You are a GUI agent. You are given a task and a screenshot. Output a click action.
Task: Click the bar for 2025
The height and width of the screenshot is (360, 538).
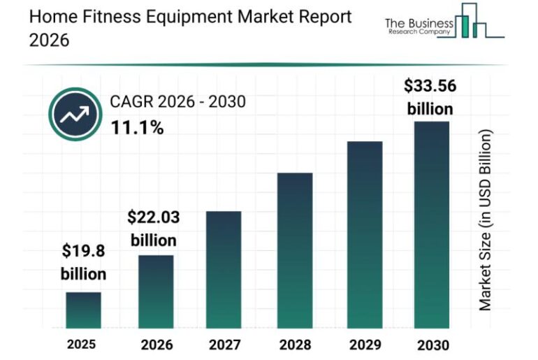point(83,310)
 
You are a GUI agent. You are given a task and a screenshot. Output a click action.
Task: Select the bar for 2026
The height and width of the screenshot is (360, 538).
point(156,291)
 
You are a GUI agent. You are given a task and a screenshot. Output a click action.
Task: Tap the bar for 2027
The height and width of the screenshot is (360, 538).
point(224,269)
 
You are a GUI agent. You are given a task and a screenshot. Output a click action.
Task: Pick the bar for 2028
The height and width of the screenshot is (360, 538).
point(294,250)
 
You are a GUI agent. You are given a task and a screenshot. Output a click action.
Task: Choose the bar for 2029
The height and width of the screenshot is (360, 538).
point(364,234)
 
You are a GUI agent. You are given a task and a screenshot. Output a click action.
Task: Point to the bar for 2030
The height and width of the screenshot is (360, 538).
point(432,224)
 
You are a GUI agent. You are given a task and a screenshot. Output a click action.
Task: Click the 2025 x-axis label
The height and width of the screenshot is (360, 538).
point(82,344)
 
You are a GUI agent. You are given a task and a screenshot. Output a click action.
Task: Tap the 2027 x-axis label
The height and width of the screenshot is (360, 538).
point(224,345)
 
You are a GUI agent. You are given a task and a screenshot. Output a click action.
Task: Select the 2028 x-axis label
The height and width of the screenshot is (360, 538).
point(294,345)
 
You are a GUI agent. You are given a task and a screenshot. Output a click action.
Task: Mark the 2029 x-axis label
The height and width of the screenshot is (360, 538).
point(364,345)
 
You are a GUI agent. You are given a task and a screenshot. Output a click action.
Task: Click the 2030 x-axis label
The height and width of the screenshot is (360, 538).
point(432,345)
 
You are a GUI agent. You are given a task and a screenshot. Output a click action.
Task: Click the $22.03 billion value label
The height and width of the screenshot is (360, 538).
point(153,229)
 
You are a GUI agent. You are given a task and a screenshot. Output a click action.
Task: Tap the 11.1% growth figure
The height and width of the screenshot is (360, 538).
point(137,128)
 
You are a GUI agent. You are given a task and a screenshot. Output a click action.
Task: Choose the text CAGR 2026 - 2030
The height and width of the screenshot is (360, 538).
point(177,103)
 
